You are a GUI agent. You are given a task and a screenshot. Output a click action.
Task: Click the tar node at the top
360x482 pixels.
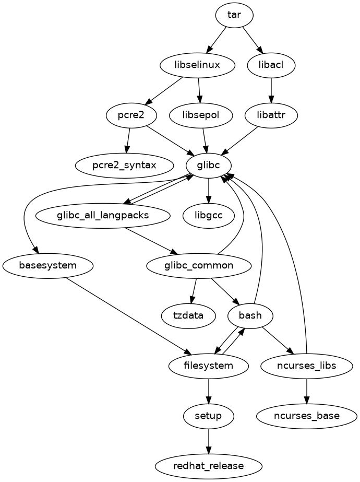coord(234,15)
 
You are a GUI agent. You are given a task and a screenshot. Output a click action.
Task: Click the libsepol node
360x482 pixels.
coord(201,115)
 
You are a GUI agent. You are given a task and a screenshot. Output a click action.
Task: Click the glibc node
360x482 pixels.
coord(208,166)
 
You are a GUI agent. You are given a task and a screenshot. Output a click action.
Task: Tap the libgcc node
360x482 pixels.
coord(209,215)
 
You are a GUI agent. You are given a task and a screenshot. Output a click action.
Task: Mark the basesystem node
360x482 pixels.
coord(48,265)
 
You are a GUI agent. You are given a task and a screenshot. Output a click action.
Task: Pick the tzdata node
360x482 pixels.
coord(188,315)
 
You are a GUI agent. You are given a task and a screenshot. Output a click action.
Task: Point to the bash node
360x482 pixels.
coord(251,315)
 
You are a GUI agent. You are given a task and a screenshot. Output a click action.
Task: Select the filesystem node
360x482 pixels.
coord(209,366)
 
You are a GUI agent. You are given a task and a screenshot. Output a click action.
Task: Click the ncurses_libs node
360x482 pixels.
coord(306,366)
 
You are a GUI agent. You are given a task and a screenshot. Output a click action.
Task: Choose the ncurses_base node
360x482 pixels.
coord(306,416)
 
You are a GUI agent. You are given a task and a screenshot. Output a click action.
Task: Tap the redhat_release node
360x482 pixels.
coord(209,465)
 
